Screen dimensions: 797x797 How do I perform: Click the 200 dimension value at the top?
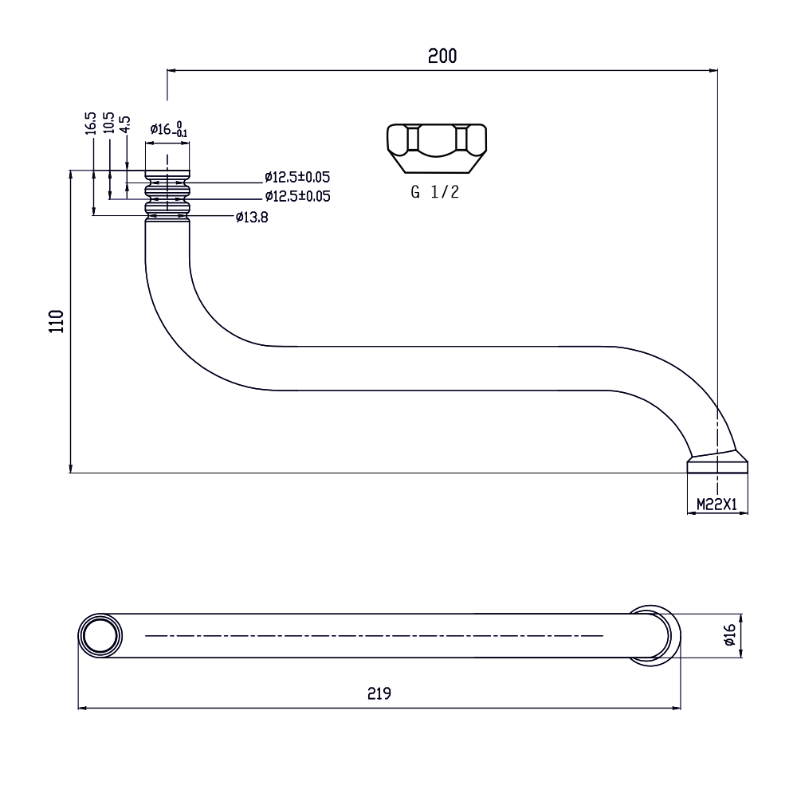click(442, 56)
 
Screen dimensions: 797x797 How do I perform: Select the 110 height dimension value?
click(57, 321)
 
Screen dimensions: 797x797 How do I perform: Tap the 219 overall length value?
click(379, 693)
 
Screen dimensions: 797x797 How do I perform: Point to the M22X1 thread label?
click(717, 505)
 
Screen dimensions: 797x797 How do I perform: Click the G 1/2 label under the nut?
click(434, 191)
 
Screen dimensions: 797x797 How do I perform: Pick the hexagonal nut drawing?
click(437, 148)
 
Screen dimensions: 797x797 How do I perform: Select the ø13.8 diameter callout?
click(252, 218)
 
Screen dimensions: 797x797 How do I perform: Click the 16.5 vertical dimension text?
click(91, 124)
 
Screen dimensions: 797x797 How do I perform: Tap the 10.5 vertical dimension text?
click(108, 123)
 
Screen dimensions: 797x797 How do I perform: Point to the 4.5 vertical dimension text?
click(125, 124)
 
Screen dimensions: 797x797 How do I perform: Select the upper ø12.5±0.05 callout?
click(297, 178)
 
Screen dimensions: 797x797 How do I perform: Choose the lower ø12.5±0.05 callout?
click(297, 196)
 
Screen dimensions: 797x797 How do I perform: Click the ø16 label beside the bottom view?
click(729, 635)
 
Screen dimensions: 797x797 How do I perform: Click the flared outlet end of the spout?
click(717, 462)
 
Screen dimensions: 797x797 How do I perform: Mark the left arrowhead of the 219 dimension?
click(81, 708)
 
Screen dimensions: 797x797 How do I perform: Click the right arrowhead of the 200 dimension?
click(714, 71)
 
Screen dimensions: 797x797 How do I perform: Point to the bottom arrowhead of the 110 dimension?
click(71, 469)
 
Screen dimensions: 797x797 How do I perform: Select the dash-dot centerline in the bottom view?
click(374, 635)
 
